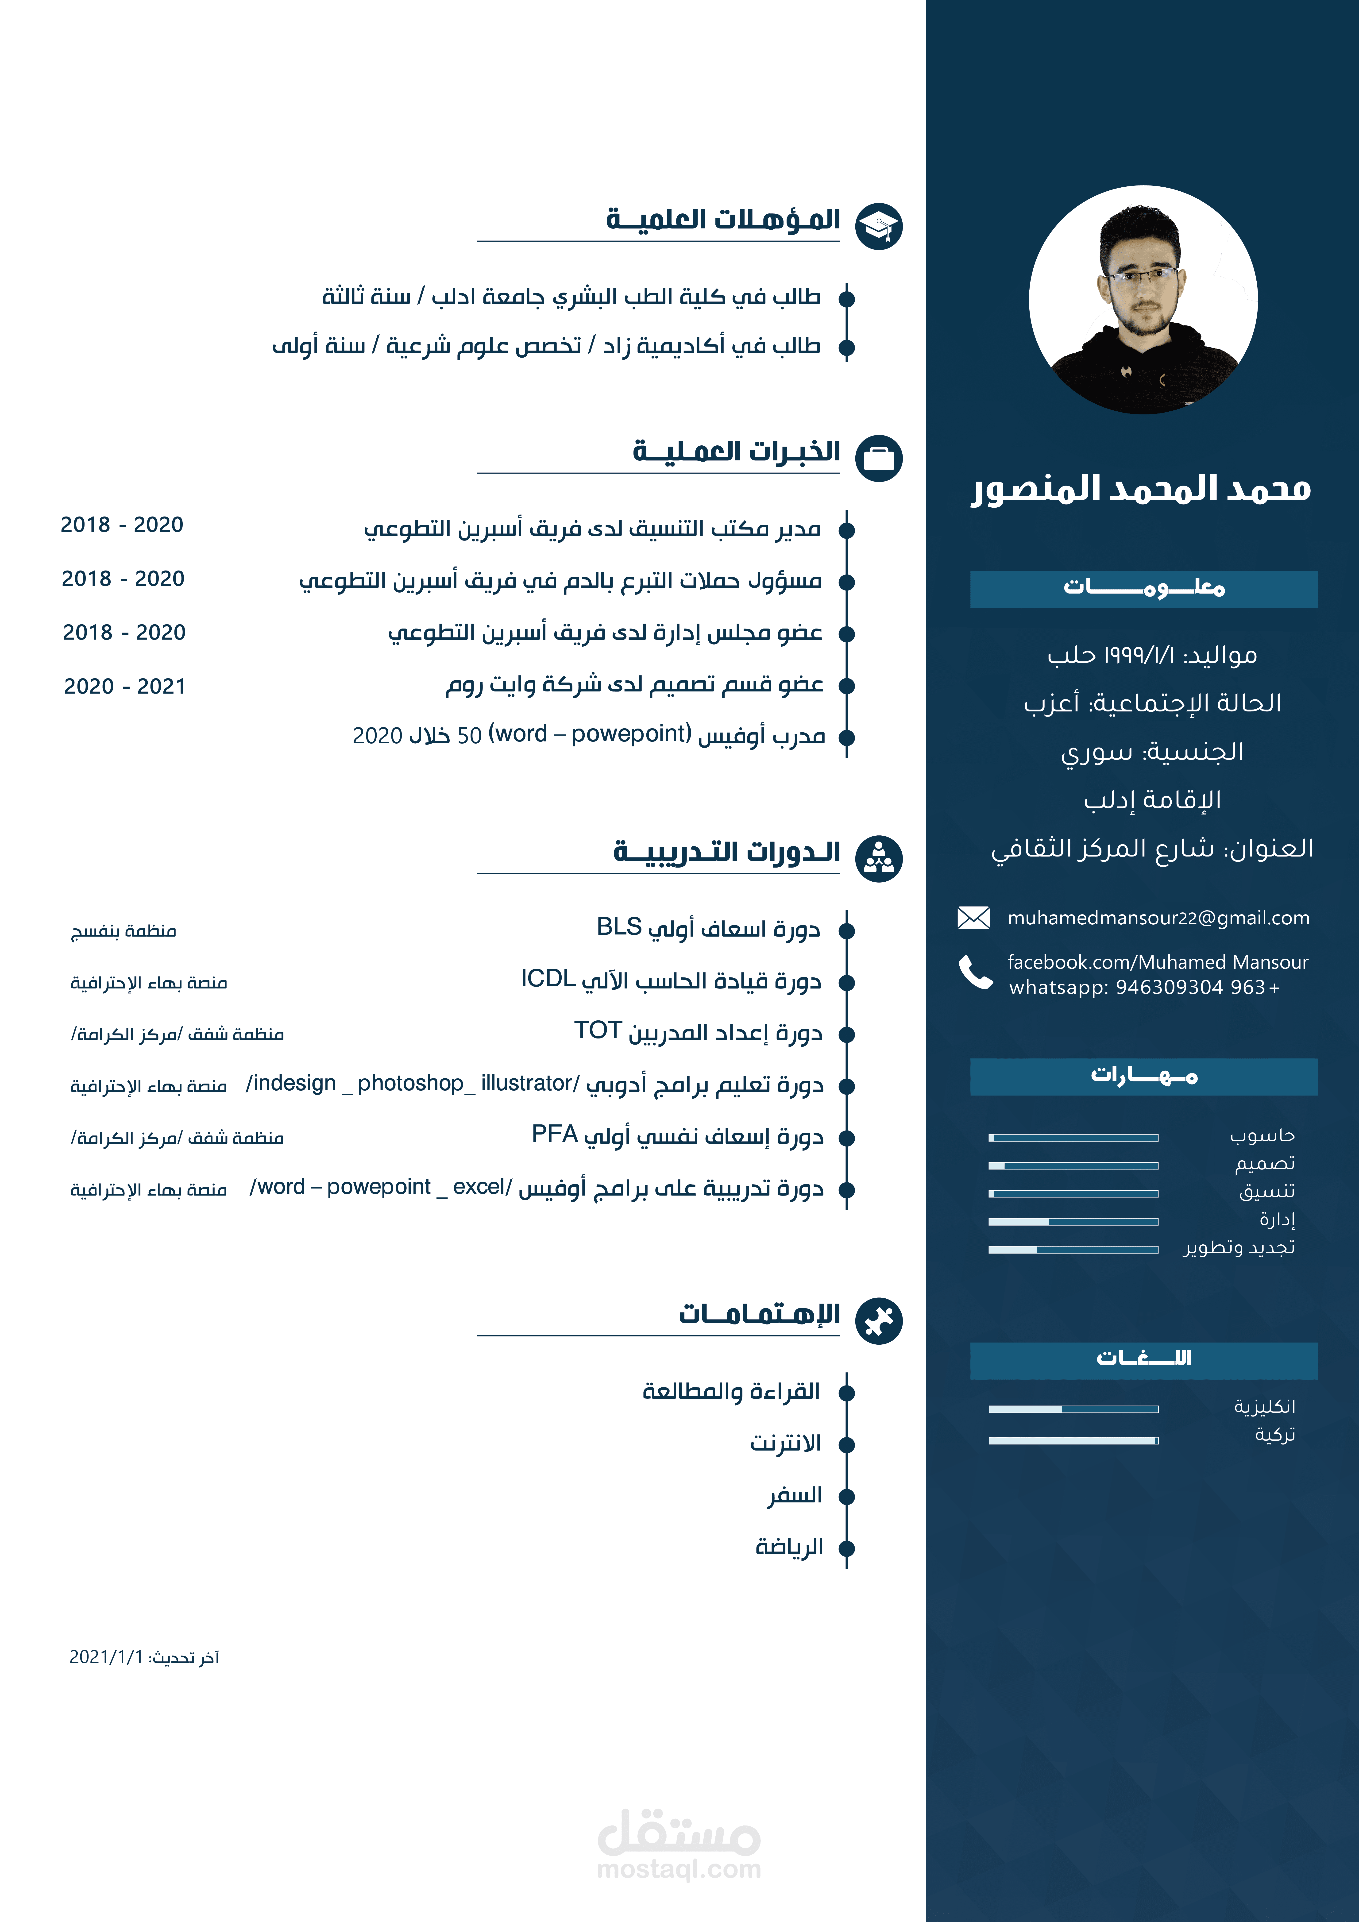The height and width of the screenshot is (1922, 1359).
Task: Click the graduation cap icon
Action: click(x=878, y=226)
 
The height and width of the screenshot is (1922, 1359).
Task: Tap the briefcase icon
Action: click(x=878, y=458)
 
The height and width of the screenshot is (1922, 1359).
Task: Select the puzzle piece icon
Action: click(x=878, y=1321)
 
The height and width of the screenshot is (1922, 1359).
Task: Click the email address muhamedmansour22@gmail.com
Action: click(x=1158, y=918)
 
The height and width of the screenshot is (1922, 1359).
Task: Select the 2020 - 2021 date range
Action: click(x=125, y=687)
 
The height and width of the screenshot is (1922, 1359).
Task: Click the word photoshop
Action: click(x=410, y=1083)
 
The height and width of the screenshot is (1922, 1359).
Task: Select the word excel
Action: click(x=479, y=1187)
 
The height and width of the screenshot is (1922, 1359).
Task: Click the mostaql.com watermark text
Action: click(x=679, y=1869)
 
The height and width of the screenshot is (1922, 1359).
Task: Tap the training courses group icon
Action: click(x=878, y=858)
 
